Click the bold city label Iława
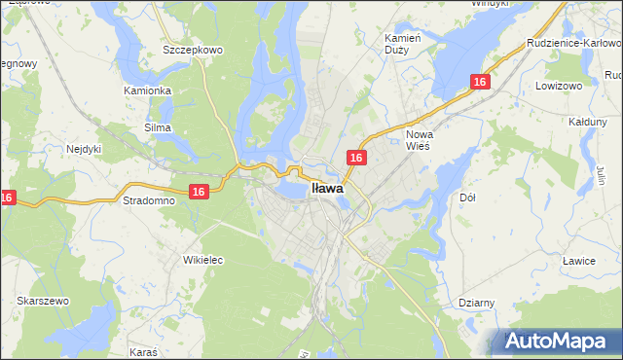pyautogui.click(x=327, y=190)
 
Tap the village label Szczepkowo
pyautogui.click(x=195, y=49)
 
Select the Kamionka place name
pyautogui.click(x=148, y=90)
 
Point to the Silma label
pyautogui.click(x=157, y=127)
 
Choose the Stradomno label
pyautogui.click(x=148, y=200)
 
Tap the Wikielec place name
pyautogui.click(x=203, y=260)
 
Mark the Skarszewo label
pyautogui.click(x=42, y=301)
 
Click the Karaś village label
pyautogui.click(x=144, y=348)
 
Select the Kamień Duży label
pyautogui.click(x=401, y=43)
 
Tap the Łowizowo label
pyautogui.click(x=558, y=86)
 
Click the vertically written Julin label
pyautogui.click(x=601, y=176)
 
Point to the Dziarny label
pyautogui.click(x=477, y=303)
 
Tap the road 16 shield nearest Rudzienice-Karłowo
pyautogui.click(x=479, y=83)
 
